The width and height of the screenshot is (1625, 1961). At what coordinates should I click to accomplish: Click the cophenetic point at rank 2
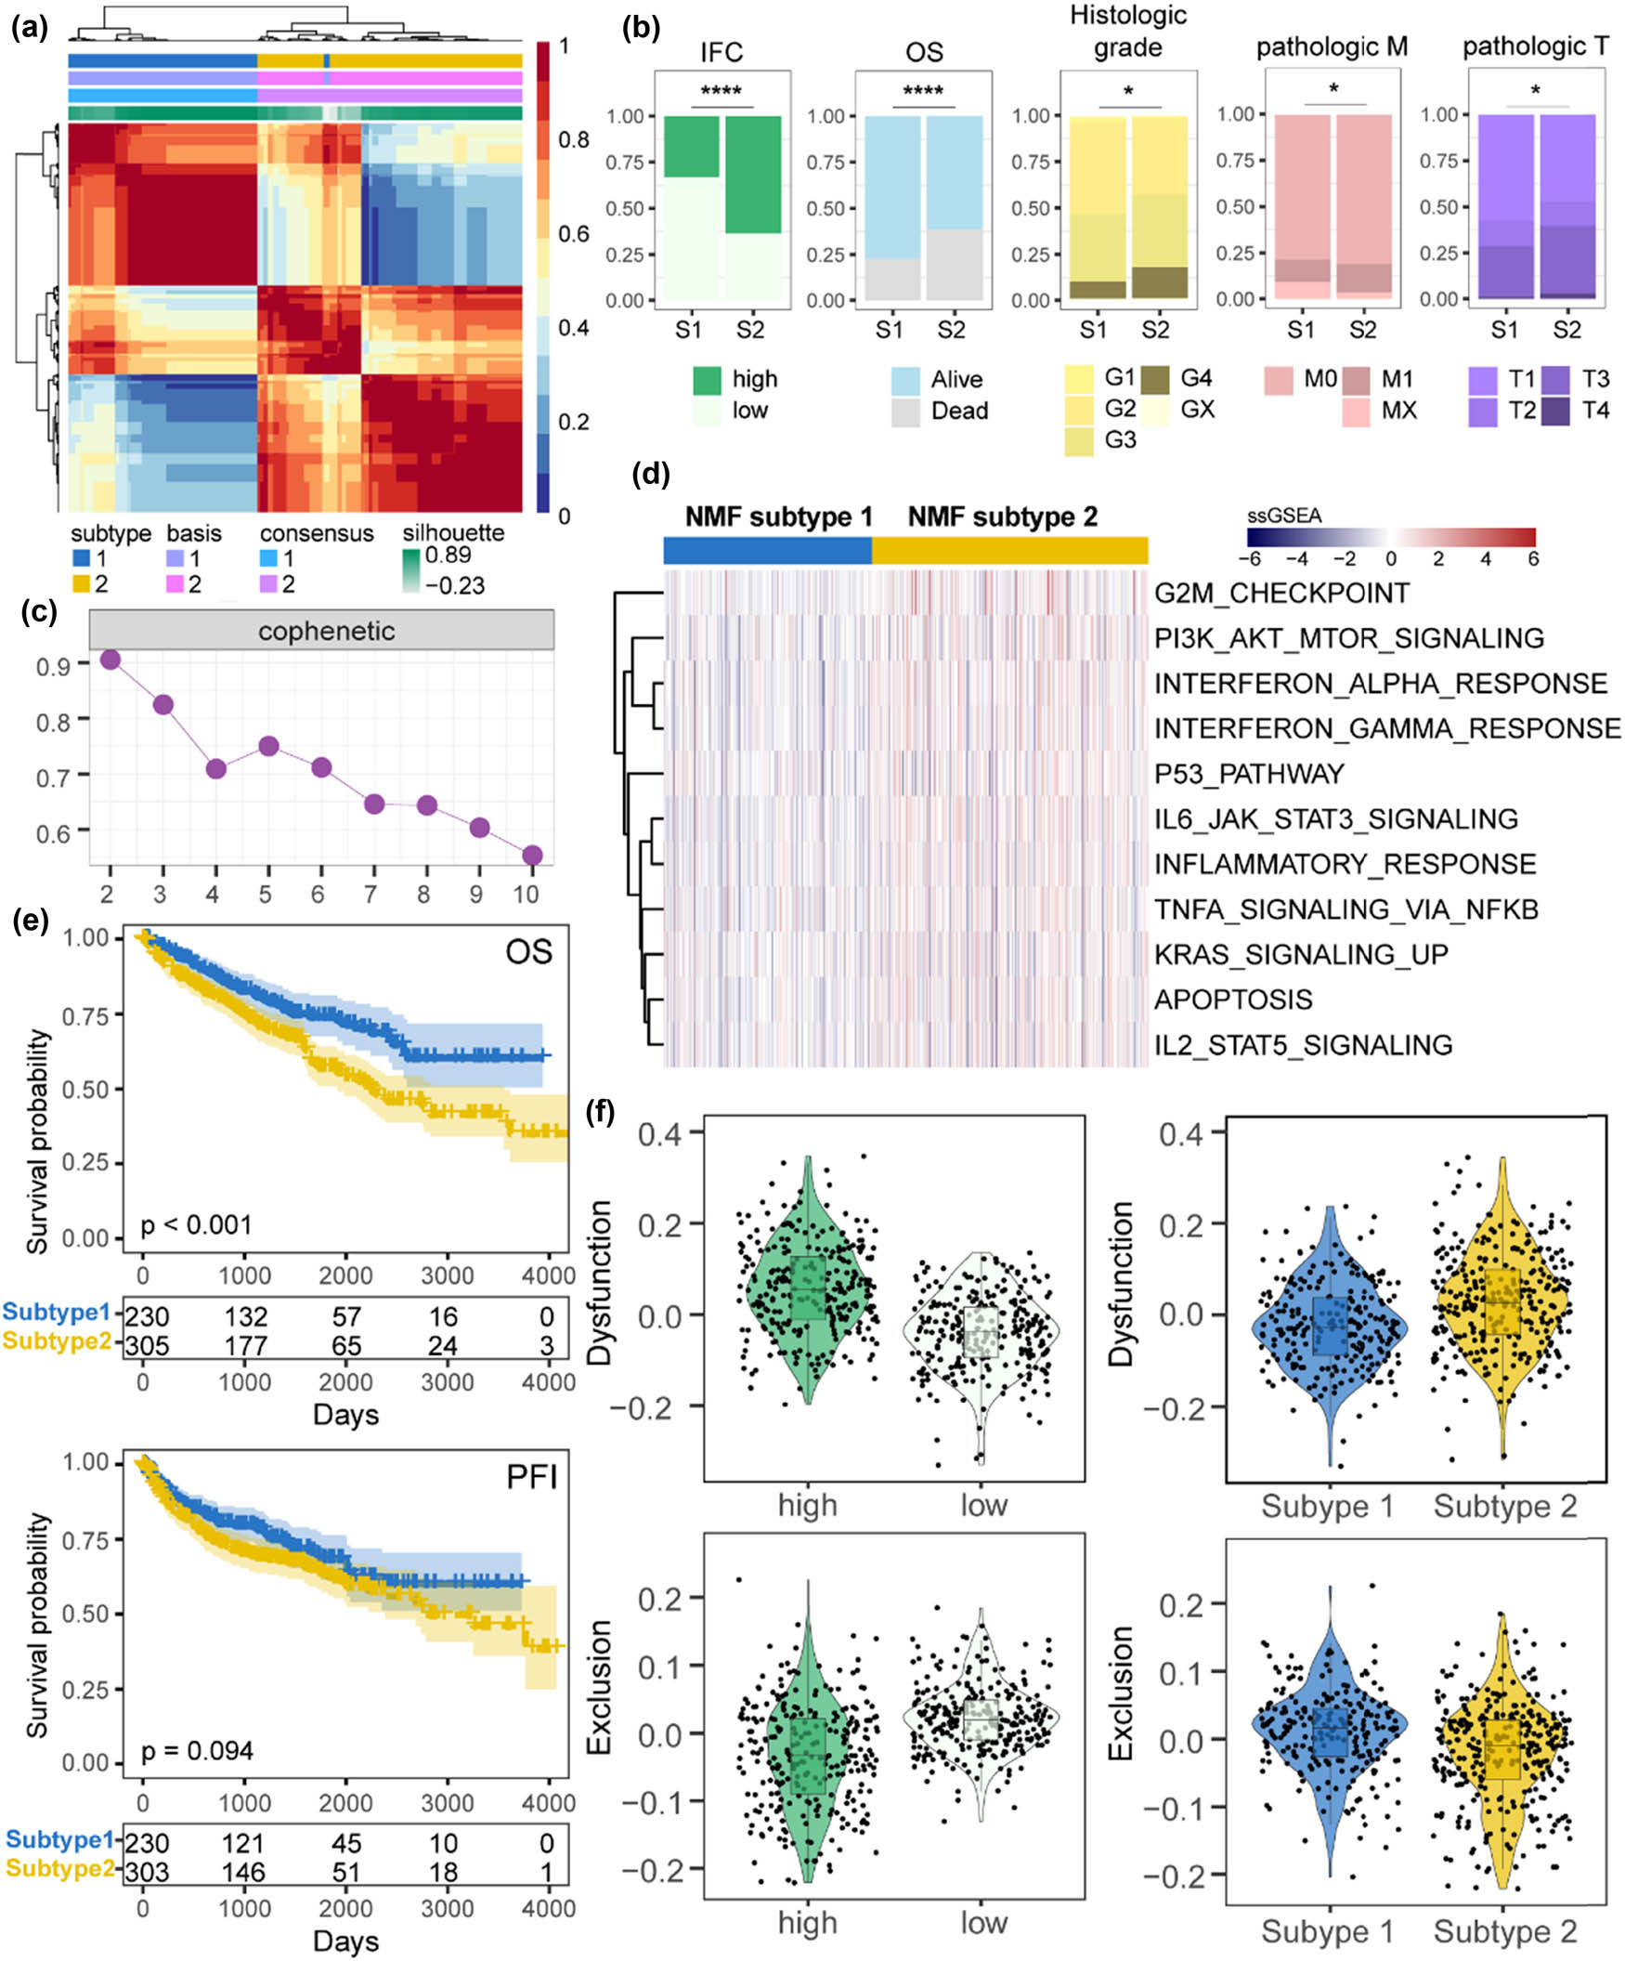[x=110, y=660]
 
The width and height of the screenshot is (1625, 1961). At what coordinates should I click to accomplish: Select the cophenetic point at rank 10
[x=533, y=856]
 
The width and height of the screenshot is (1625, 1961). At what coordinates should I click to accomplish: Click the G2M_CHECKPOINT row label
[x=1281, y=593]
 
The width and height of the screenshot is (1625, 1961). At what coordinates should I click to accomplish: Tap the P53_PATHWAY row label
[x=1249, y=773]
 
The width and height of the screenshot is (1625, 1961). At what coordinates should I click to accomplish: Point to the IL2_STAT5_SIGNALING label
[x=1303, y=1044]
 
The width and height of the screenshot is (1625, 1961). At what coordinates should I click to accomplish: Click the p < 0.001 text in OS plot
[x=196, y=1223]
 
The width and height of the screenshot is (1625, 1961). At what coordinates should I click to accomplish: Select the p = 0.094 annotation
[x=197, y=1750]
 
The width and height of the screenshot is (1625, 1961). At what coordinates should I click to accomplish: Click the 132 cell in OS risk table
[x=245, y=1316]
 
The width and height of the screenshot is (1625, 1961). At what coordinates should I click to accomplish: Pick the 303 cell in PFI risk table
[x=147, y=1871]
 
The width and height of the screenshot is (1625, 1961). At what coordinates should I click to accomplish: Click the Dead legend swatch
[x=905, y=412]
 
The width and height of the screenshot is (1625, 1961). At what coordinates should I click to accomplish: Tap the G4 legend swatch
[x=1154, y=379]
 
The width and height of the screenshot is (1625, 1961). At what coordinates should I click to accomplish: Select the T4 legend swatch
[x=1555, y=411]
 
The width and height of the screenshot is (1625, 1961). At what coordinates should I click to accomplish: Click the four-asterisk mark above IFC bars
[x=721, y=91]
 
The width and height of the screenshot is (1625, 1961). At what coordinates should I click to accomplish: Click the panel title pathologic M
[x=1332, y=46]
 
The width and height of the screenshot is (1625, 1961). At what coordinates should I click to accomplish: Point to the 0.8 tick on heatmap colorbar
[x=573, y=140]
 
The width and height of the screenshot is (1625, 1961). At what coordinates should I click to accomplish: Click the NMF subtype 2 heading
[x=1003, y=516]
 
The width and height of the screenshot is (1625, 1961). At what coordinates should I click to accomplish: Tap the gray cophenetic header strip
[x=321, y=631]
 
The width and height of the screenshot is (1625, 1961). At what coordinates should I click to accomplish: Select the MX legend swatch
[x=1356, y=412]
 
